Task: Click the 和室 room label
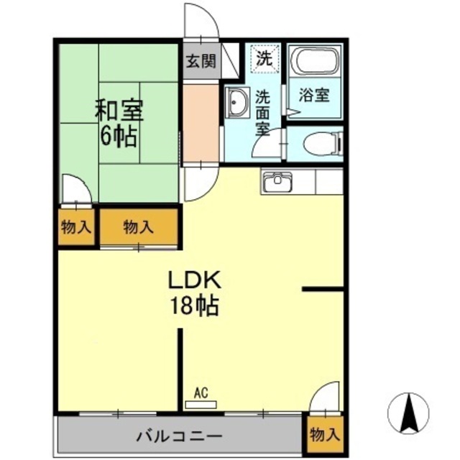[120, 111]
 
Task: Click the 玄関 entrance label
[201, 61]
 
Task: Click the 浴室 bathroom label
[315, 95]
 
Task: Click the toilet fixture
[321, 144]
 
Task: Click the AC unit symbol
[201, 405]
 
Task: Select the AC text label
[201, 392]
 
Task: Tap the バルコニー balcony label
[178, 436]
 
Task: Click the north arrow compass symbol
[408, 414]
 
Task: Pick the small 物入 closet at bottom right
[323, 435]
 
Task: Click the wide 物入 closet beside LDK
[139, 227]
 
